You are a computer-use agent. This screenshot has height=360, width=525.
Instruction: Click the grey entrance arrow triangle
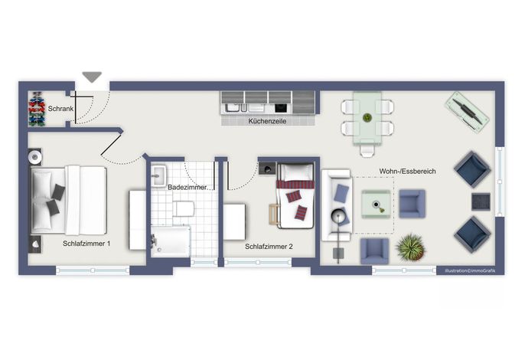pyautogui.click(x=92, y=77)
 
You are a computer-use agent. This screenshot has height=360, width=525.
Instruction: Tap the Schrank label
pyautogui.click(x=60, y=109)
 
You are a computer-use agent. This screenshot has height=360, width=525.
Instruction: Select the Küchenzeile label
pyautogui.click(x=267, y=121)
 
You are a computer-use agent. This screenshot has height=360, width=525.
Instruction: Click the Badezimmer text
pyautogui.click(x=187, y=188)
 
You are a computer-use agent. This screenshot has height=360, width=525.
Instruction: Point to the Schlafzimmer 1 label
pyautogui.click(x=86, y=244)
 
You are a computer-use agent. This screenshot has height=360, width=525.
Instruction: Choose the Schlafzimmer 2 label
pyautogui.click(x=269, y=247)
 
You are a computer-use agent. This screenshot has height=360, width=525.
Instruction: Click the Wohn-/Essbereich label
pyautogui.click(x=407, y=172)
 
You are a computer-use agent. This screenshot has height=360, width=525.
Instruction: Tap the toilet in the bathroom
pyautogui.click(x=184, y=208)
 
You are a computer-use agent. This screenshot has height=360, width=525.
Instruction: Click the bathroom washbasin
pyautogui.click(x=158, y=175)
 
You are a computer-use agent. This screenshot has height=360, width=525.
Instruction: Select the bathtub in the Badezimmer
pyautogui.click(x=171, y=242)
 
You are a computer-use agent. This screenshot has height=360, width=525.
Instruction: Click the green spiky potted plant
pyautogui.click(x=410, y=248)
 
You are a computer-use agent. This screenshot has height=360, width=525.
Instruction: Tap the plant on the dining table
pyautogui.click(x=367, y=118)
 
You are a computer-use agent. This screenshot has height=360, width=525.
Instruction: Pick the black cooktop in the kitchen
pyautogui.click(x=281, y=108)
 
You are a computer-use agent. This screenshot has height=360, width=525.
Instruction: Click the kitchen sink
pyautogui.click(x=233, y=107)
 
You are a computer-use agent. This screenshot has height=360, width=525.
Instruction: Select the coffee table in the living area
pyautogui.click(x=376, y=205)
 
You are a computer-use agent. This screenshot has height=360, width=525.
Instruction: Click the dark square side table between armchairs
pyautogui.click(x=481, y=201)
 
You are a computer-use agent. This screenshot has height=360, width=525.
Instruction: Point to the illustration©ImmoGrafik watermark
pyautogui.click(x=470, y=271)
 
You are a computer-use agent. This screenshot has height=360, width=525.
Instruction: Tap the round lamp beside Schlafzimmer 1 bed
pyautogui.click(x=34, y=157)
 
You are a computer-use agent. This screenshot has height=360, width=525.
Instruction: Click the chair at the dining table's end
pyautogui.click(x=367, y=150)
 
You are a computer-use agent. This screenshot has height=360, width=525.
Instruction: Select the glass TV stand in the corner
pyautogui.click(x=467, y=112)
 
